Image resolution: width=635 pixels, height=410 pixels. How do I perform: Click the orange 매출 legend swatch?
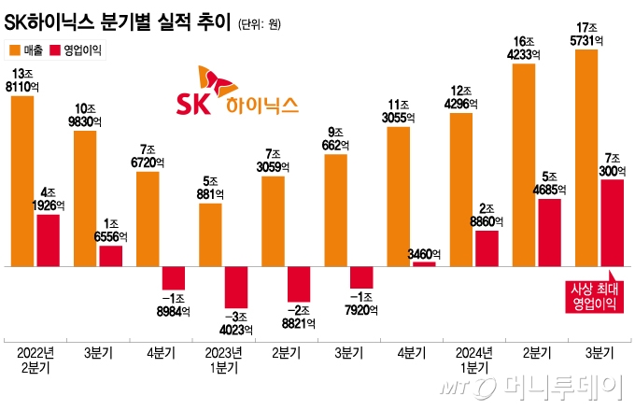click(x=15, y=52)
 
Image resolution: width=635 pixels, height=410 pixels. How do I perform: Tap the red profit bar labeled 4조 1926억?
click(x=49, y=240)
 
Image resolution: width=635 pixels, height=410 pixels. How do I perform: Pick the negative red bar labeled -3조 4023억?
click(x=237, y=287)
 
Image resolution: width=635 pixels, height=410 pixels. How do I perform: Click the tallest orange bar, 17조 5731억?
click(x=586, y=158)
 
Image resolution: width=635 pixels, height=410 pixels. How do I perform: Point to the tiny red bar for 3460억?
click(x=424, y=264)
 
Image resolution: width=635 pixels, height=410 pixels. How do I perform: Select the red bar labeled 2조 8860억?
click(x=487, y=247)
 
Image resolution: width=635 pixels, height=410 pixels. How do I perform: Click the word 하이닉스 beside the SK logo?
click(x=261, y=105)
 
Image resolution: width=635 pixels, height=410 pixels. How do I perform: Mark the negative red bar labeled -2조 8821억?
click(x=299, y=285)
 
